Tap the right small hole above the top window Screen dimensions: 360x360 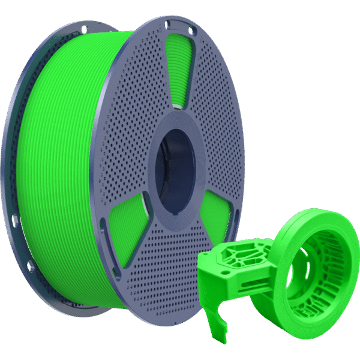coord(190,30)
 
